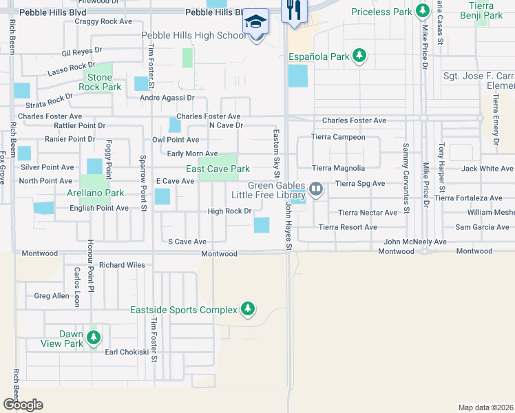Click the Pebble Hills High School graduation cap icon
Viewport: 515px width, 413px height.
pyautogui.click(x=256, y=21)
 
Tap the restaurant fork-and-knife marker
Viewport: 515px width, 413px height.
pyautogui.click(x=294, y=10)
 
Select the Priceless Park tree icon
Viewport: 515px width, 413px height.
pyautogui.click(x=422, y=12)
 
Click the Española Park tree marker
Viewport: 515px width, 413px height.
pyautogui.click(x=358, y=55)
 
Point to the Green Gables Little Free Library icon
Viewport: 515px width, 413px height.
pyautogui.click(x=316, y=188)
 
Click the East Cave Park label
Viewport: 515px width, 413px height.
pyautogui.click(x=218, y=169)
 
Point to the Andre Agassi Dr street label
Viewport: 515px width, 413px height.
pyautogui.click(x=167, y=98)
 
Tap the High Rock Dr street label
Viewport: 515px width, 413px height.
pyautogui.click(x=229, y=211)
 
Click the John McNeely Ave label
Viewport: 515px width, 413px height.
pyautogui.click(x=415, y=242)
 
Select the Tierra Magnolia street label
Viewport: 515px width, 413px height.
pyautogui.click(x=338, y=168)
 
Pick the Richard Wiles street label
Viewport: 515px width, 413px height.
pyautogui.click(x=122, y=265)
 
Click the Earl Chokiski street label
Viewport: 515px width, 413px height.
pyautogui.click(x=126, y=352)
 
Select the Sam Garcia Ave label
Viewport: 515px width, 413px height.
pyautogui.click(x=482, y=227)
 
